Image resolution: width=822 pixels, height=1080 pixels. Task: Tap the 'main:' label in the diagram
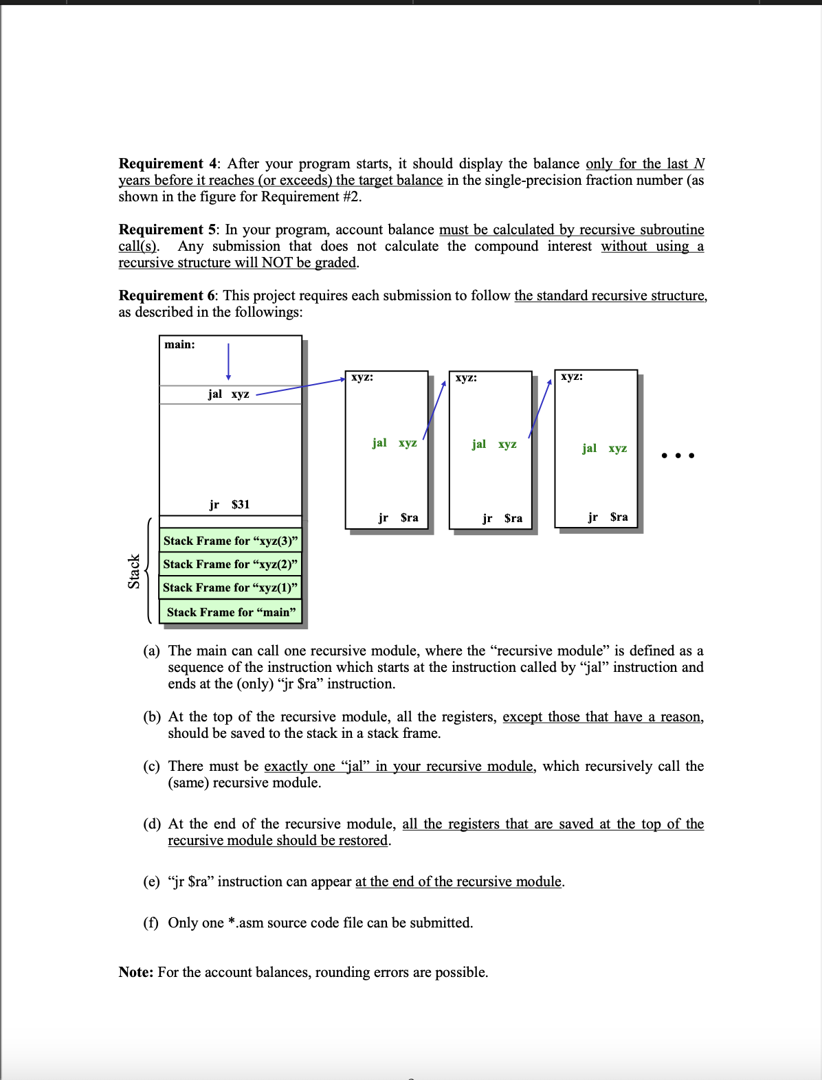pos(179,344)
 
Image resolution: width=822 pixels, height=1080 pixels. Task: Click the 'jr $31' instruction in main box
pos(230,504)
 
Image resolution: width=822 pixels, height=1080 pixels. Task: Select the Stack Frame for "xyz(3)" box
pos(230,541)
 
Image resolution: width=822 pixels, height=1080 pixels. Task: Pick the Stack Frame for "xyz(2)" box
pos(230,564)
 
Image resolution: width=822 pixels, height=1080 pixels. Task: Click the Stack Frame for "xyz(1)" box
pos(230,587)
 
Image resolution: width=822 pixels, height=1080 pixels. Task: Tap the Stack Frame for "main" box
pos(231,611)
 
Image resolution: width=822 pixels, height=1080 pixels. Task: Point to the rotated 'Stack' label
pos(134,571)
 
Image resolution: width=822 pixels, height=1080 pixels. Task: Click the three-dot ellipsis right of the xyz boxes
pos(678,455)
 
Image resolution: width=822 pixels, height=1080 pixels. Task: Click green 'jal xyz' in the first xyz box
pos(395,442)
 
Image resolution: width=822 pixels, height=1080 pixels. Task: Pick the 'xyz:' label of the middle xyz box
pos(466,377)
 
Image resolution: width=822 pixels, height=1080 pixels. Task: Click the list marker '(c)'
pos(152,766)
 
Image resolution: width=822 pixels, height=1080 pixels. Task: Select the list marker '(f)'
pos(151,923)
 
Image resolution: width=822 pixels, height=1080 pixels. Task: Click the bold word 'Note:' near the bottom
pos(136,972)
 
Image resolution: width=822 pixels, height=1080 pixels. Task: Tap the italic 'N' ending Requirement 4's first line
pos(699,164)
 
